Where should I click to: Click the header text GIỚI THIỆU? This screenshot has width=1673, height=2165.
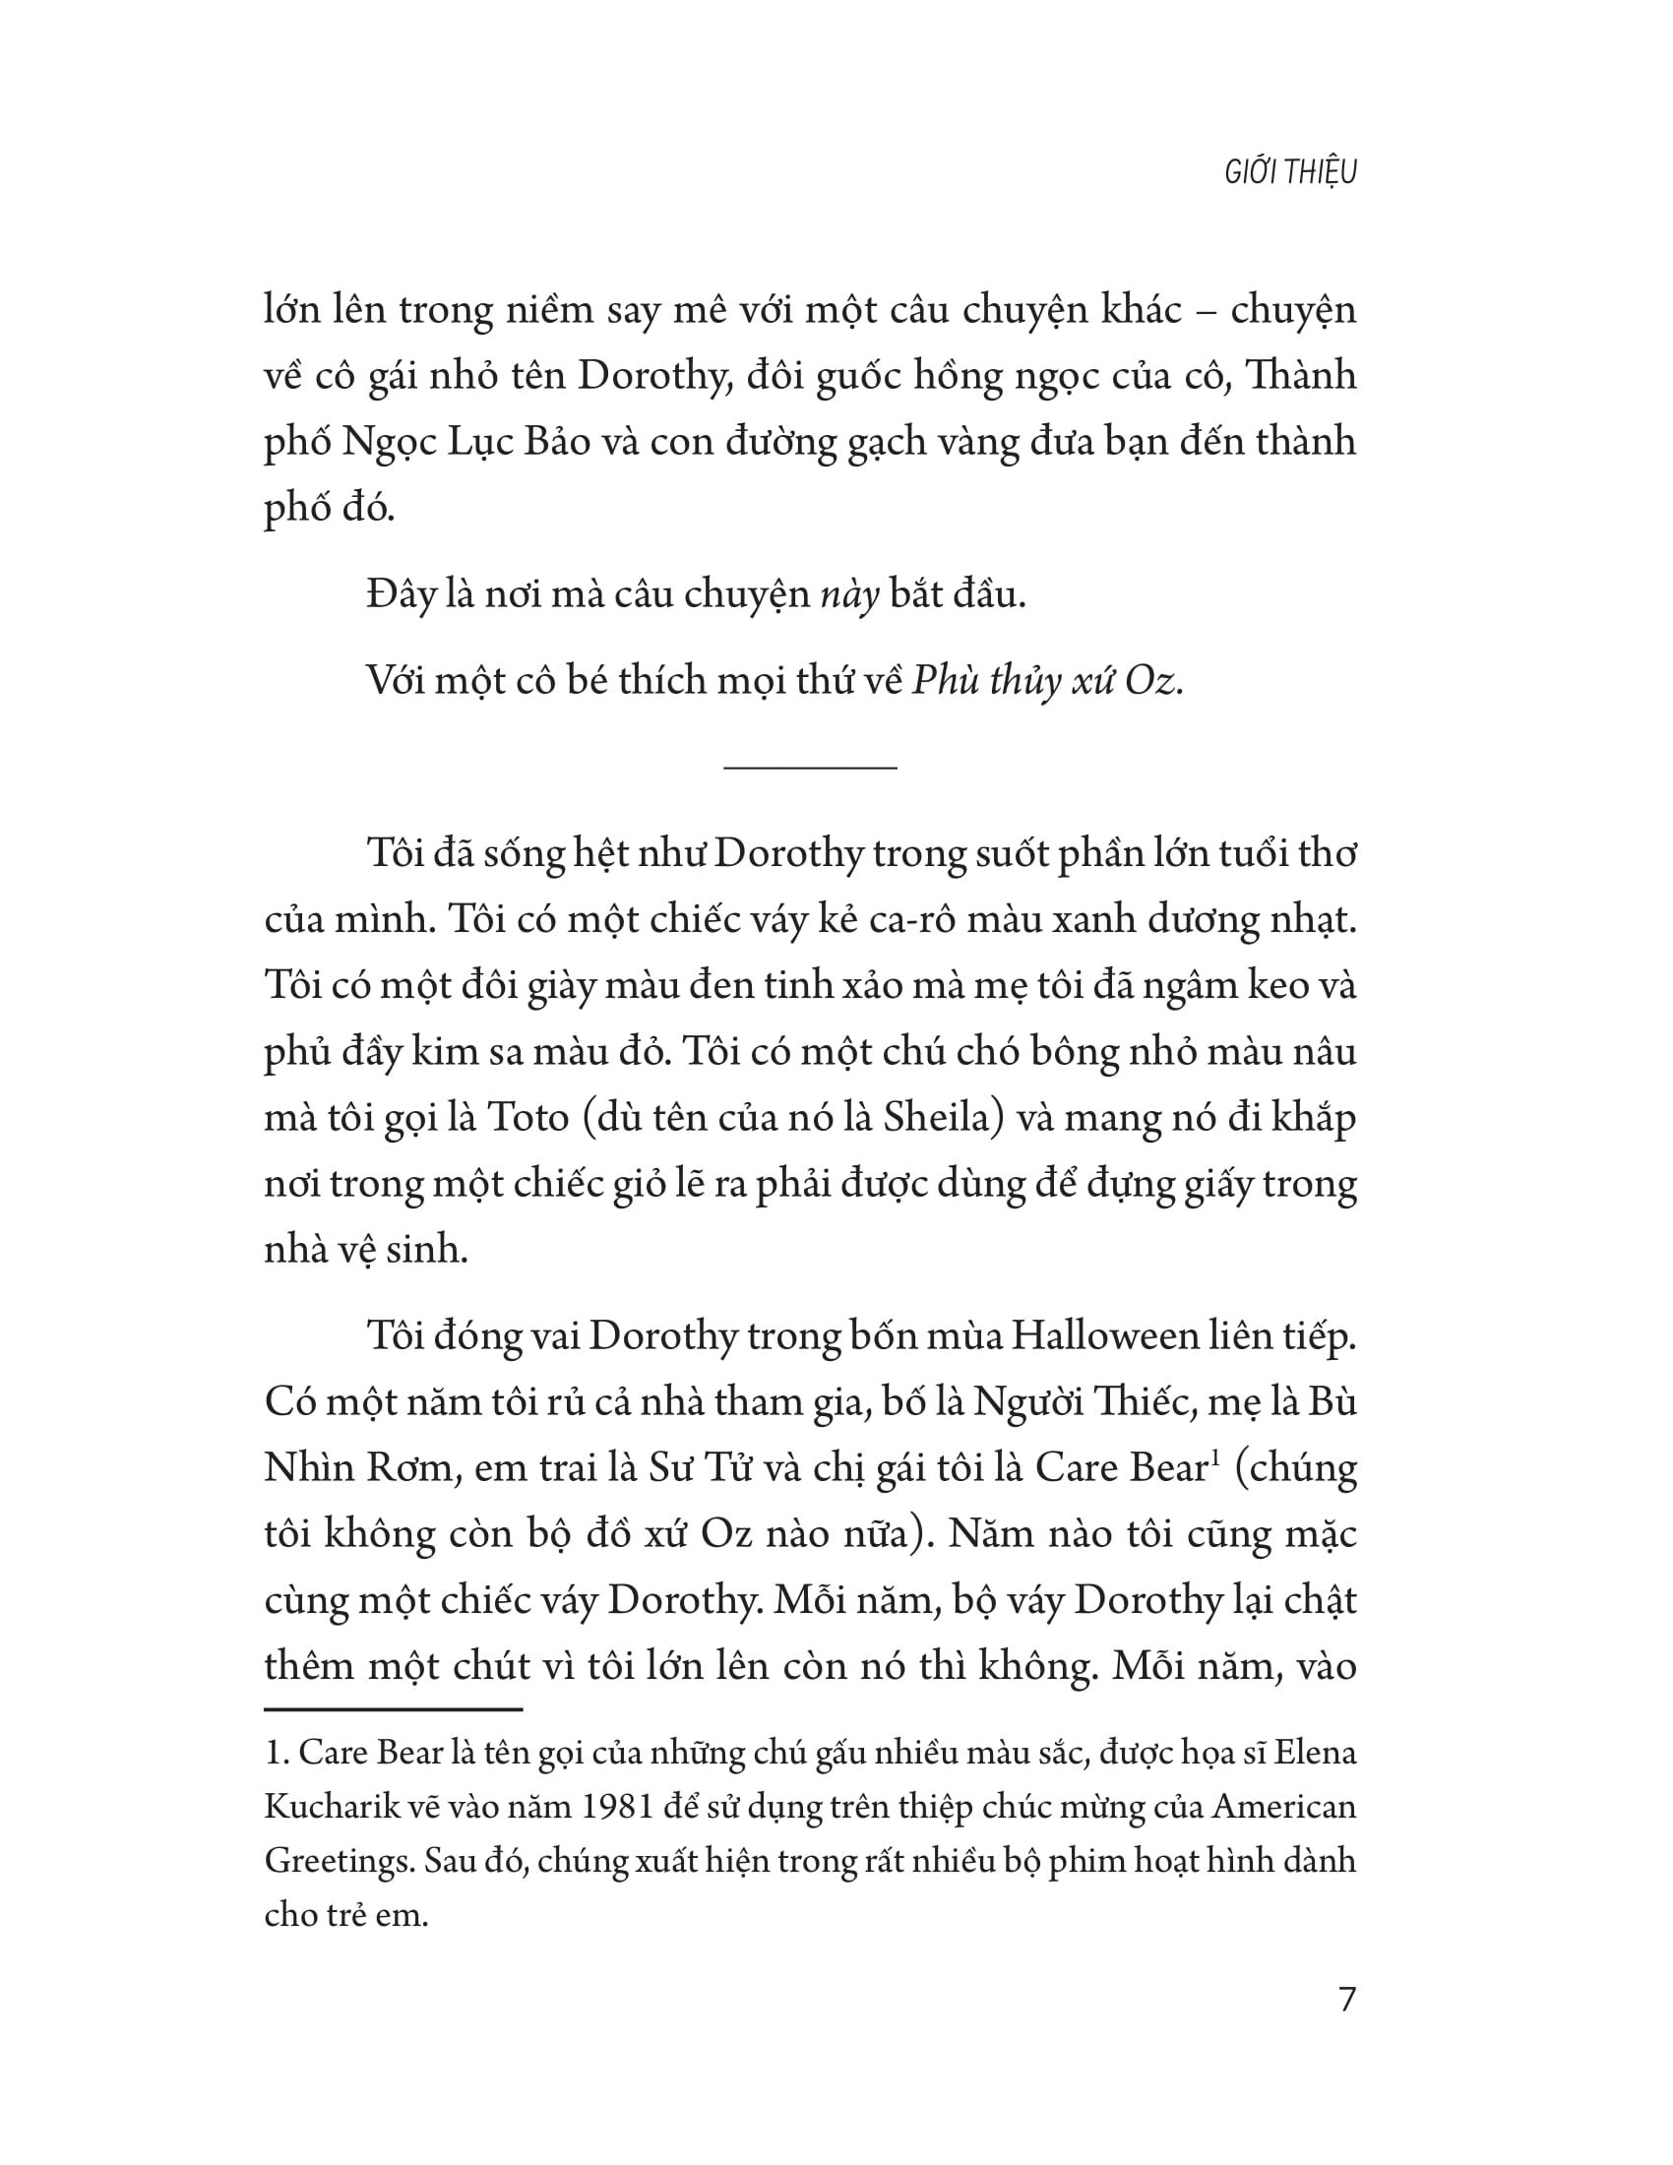coord(1289,172)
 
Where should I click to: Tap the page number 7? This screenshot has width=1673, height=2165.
coord(1346,2000)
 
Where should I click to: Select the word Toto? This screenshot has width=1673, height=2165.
coord(527,1118)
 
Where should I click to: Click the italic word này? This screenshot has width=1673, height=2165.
coord(850,594)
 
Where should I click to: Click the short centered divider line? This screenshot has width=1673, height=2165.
coord(810,768)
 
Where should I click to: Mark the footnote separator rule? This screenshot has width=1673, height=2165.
coord(393,1709)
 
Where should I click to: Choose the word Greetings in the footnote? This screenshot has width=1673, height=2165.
coord(337,1861)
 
